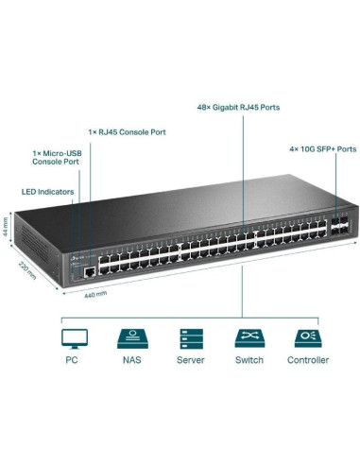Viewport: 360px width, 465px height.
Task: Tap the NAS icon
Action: pos(130,337)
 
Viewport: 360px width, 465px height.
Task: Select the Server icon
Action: pos(190,337)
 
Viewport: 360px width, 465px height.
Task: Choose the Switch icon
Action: pos(249,337)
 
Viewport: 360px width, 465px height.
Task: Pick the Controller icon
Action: pos(308,337)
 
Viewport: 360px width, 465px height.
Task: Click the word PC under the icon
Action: pos(72,360)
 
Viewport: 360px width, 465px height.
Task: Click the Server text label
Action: pos(190,360)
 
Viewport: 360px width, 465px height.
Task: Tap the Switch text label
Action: pos(249,360)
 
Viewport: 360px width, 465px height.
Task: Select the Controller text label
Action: pos(308,360)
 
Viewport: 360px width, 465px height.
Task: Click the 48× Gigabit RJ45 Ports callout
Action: pos(238,108)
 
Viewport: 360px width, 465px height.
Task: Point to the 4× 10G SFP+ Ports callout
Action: pos(322,148)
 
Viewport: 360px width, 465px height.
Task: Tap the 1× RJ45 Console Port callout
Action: pos(127,131)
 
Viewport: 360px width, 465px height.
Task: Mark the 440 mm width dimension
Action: pos(95,295)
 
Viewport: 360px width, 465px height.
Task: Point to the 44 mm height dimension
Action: pos(7,230)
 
